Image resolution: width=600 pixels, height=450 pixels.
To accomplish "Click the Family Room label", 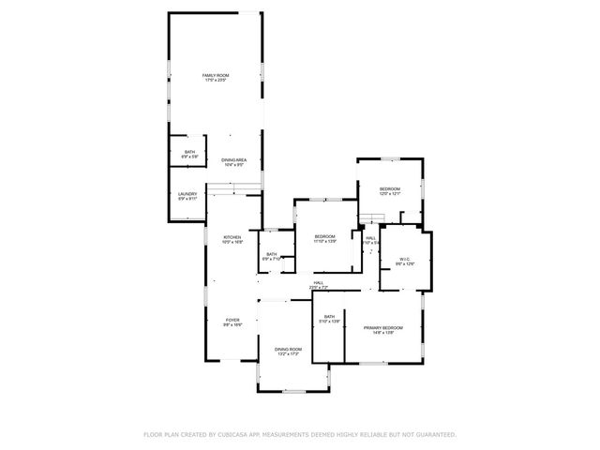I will click(217, 75).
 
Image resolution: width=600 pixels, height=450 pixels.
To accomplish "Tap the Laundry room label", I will click(187, 193).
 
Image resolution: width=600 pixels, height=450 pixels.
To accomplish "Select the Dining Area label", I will click(234, 159).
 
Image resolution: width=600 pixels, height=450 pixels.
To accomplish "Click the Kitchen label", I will click(232, 237).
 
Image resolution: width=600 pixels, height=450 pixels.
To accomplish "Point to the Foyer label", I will click(232, 320).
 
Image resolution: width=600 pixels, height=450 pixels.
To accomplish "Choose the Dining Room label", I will click(288, 349).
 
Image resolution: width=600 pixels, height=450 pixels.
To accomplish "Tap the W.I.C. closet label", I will click(405, 260).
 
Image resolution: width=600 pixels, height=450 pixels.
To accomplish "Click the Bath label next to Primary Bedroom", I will click(329, 317).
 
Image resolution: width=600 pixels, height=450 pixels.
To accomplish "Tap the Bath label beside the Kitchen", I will click(271, 254).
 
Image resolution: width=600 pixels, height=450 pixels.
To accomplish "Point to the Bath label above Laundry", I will click(189, 152).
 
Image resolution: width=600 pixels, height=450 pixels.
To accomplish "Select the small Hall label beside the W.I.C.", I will click(370, 238).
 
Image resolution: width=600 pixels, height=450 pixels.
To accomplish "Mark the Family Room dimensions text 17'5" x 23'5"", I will click(217, 81).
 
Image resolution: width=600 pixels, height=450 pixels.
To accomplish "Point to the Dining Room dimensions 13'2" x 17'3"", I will click(288, 354).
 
